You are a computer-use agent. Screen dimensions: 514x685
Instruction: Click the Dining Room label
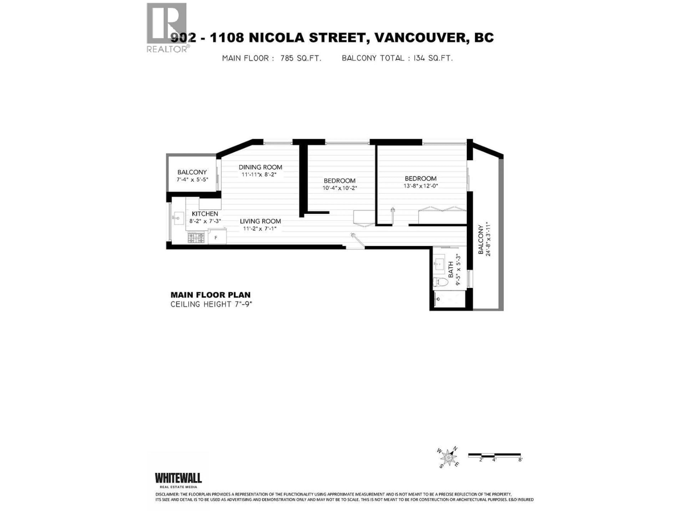click(x=260, y=167)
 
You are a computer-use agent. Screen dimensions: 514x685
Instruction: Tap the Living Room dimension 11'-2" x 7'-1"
click(x=260, y=229)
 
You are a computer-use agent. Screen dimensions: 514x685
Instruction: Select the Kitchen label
click(x=205, y=214)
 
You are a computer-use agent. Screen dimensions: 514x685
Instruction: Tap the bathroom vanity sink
click(x=439, y=264)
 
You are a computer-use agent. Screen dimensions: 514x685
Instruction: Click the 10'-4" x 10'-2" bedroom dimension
click(x=340, y=188)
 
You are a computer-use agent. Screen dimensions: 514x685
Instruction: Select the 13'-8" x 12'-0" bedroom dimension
click(x=420, y=186)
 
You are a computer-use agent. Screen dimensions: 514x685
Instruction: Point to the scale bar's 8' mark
click(x=520, y=459)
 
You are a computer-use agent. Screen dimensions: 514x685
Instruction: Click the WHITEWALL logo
click(x=178, y=478)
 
